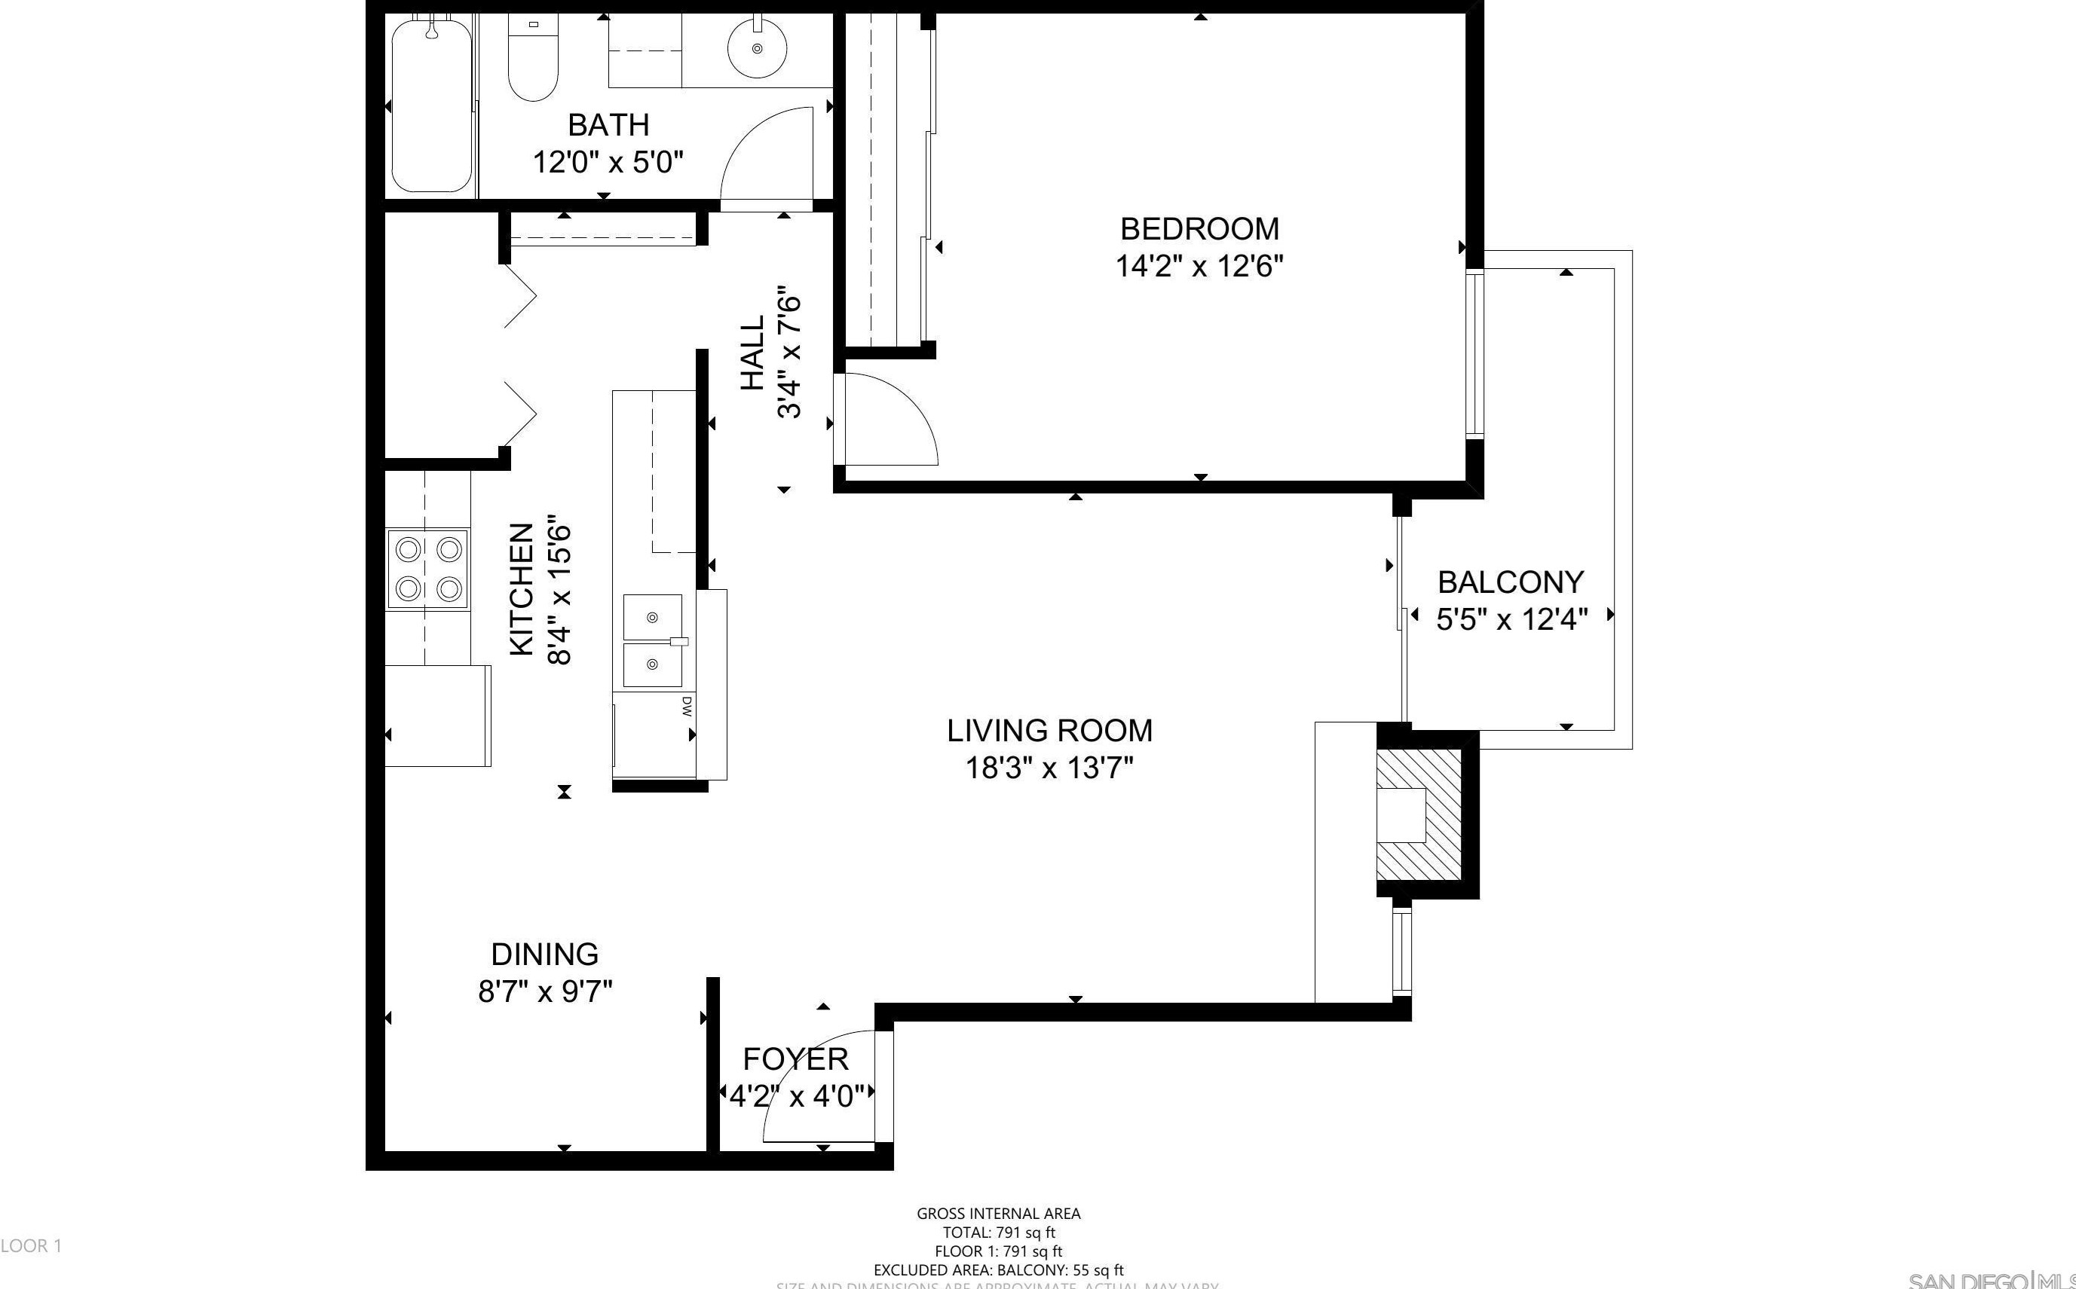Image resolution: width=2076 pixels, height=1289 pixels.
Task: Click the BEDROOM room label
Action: click(x=1199, y=228)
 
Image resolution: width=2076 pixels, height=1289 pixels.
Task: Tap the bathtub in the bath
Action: click(x=432, y=106)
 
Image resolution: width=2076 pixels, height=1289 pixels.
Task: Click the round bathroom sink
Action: click(x=757, y=49)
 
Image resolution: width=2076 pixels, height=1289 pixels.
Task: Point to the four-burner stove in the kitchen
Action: click(x=427, y=568)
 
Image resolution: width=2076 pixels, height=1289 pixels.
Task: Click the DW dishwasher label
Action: click(x=686, y=706)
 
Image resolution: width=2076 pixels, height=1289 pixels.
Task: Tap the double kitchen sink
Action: click(x=653, y=640)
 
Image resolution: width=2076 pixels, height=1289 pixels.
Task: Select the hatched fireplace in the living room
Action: click(x=1419, y=816)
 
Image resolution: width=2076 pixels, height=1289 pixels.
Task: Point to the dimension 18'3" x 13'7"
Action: click(x=1049, y=769)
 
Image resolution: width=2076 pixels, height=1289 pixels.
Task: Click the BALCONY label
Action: click(x=1511, y=582)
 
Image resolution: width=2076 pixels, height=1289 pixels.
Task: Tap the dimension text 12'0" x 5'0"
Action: click(x=608, y=162)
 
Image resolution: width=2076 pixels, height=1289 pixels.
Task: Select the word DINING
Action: click(x=544, y=954)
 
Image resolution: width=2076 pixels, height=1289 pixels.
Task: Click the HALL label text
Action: click(x=752, y=354)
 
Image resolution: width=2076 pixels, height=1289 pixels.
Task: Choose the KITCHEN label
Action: click(x=521, y=590)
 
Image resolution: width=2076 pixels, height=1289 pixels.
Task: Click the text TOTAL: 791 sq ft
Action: click(x=998, y=1232)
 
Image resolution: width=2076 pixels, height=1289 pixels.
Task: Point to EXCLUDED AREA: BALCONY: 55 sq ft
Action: click(x=998, y=1270)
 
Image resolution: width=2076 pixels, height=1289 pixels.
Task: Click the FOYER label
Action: click(x=795, y=1058)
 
